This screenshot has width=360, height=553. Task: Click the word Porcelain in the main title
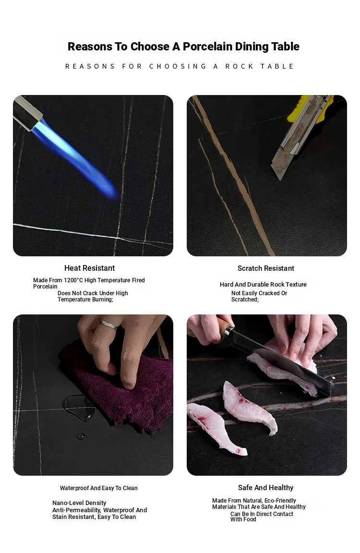[x=208, y=46]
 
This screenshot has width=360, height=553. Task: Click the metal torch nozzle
[x=27, y=112]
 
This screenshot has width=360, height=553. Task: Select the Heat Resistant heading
[x=90, y=268]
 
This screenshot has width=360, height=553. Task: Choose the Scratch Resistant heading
[x=266, y=268]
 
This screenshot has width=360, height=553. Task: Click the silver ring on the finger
[x=108, y=324]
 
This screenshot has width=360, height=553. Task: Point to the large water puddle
[x=78, y=408]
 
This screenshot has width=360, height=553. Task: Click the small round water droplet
[x=81, y=436]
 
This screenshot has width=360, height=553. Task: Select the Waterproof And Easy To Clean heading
[x=99, y=488]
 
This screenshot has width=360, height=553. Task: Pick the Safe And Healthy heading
[x=265, y=488]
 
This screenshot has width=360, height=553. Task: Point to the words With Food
[x=243, y=519]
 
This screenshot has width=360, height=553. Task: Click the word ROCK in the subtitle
[x=240, y=66]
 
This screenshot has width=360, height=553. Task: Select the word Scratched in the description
[x=244, y=300]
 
